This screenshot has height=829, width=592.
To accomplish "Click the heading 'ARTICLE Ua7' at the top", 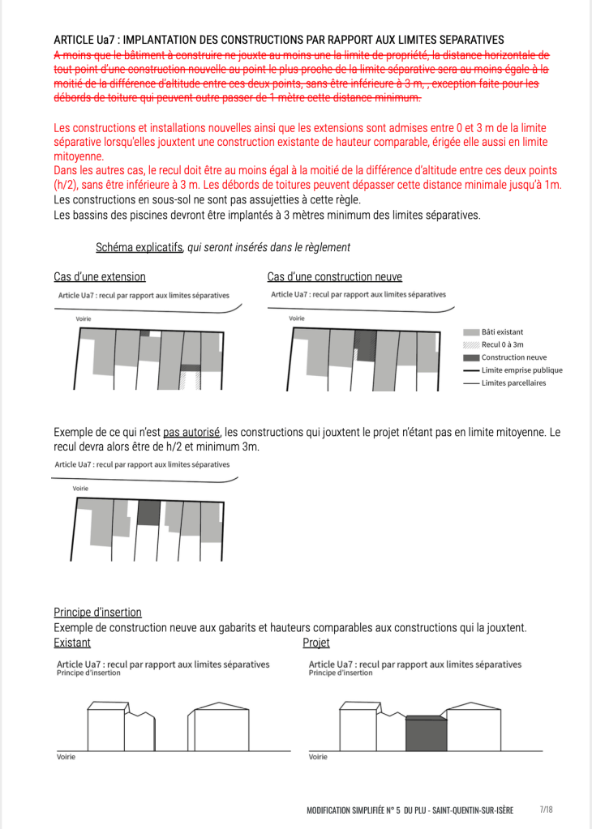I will tap(87, 40).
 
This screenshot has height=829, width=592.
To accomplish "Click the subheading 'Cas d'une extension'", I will tap(100, 276).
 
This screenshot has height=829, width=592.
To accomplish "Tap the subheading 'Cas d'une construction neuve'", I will tap(334, 276).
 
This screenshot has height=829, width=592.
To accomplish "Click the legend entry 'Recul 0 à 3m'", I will tap(503, 344).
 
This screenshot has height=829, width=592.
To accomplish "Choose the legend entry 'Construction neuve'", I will tap(513, 357).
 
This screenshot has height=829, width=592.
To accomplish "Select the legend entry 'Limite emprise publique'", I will tap(521, 370).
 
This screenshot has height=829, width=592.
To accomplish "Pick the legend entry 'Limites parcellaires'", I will tap(513, 382).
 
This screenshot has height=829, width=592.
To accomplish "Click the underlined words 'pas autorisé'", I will tap(191, 432).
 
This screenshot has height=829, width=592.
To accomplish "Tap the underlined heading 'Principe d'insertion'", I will tap(97, 612).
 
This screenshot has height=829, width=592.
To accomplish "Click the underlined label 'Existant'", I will tap(72, 643).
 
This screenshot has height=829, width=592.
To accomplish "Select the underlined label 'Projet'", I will tap(315, 643).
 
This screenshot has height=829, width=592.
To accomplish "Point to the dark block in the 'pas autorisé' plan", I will tap(148, 512).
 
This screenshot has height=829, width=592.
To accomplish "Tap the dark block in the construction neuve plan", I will tap(366, 346).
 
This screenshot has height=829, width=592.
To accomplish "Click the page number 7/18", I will tap(546, 810).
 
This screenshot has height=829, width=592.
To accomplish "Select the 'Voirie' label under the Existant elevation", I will tap(66, 757).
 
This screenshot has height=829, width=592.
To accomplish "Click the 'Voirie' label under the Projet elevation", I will tap(318, 757).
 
